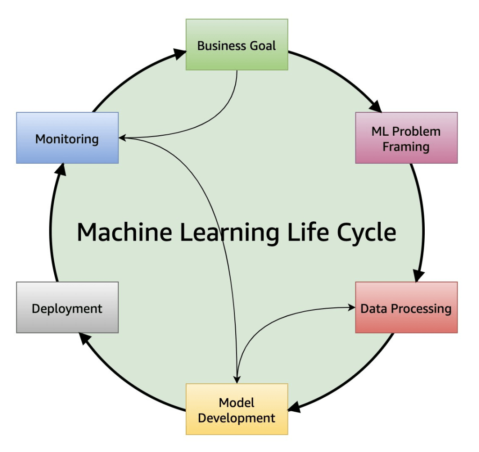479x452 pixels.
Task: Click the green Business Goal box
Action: point(237,45)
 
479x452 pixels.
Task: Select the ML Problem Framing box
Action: point(406,138)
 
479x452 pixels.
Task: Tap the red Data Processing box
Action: point(406,308)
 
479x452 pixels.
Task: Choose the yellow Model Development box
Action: point(237,409)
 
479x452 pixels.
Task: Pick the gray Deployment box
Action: point(67,308)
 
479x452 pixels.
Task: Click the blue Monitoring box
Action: point(67,139)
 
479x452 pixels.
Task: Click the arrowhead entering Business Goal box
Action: point(180,54)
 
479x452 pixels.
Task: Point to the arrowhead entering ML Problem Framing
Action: point(376,106)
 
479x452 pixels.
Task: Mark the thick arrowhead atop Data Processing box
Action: point(418,276)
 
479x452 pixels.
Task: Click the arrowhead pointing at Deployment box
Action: point(84,338)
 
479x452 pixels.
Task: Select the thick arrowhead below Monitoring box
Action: point(61,169)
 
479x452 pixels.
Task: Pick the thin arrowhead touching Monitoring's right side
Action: point(123,138)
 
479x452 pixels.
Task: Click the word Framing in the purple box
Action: point(406,146)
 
